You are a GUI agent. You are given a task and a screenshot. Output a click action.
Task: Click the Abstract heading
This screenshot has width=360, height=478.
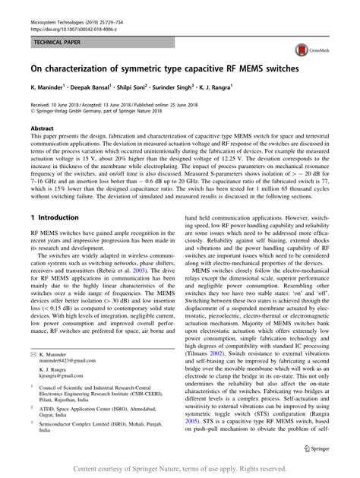(42, 128)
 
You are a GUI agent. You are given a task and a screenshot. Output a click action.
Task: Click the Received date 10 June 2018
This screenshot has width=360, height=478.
(62, 102)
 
